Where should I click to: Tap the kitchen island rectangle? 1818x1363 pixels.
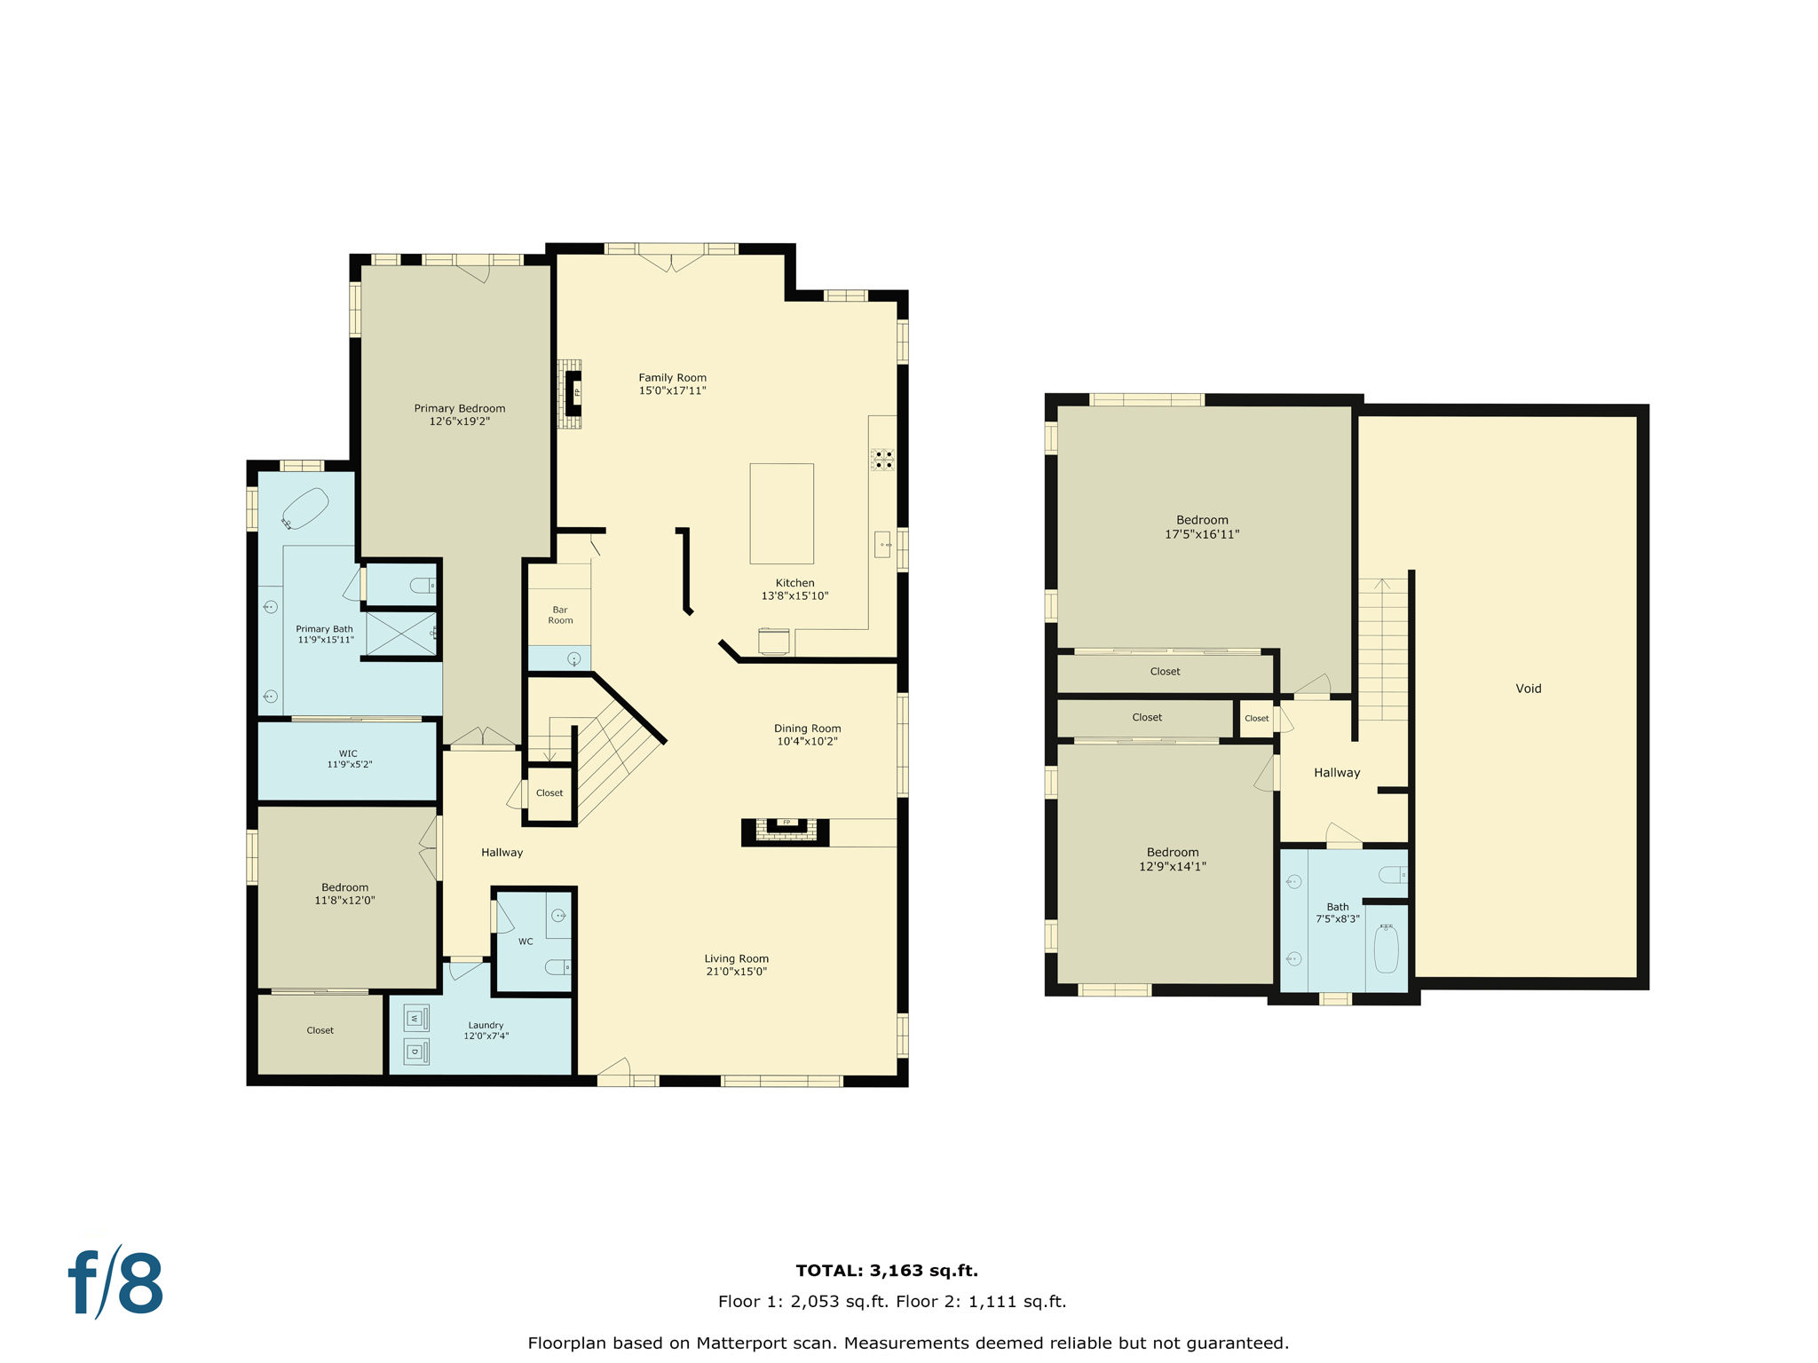[x=781, y=513]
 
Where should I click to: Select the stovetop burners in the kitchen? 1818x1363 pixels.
[x=882, y=459]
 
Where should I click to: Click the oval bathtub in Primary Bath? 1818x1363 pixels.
[x=305, y=508]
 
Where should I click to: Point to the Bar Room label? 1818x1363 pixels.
[x=560, y=615]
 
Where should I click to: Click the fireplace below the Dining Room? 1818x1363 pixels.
[x=786, y=831]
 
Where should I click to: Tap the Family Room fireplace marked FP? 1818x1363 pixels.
[x=573, y=391]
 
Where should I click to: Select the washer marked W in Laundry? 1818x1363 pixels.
[x=415, y=1018]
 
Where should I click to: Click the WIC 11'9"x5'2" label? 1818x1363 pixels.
[x=349, y=759]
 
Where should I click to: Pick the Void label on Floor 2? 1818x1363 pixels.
[x=1528, y=689]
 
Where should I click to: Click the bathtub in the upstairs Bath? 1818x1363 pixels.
[x=1386, y=949]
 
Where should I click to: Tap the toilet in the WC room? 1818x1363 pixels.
[x=558, y=966]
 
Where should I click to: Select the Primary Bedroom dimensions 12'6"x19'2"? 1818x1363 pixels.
[x=459, y=422]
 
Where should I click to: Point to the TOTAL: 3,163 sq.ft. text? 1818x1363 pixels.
[x=886, y=1271]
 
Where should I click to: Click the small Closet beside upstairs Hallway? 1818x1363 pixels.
[x=1256, y=718]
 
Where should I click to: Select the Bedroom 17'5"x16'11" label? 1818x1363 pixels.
[x=1202, y=527]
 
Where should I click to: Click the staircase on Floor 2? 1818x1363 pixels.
[x=1382, y=649]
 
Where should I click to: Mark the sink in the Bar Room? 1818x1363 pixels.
[x=573, y=658]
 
